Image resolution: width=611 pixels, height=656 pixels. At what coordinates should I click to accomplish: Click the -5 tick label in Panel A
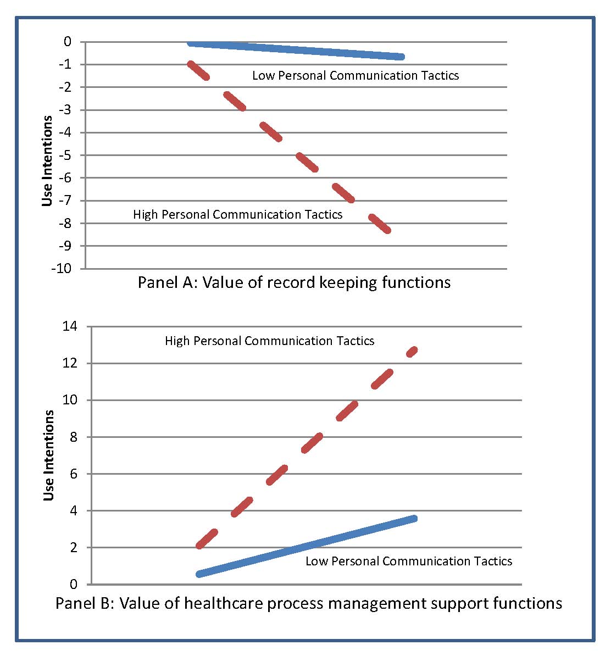(x=64, y=155)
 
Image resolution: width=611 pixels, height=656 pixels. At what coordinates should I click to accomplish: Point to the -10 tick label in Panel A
(x=61, y=269)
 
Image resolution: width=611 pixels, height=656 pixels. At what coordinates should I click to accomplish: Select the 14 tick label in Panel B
(x=71, y=326)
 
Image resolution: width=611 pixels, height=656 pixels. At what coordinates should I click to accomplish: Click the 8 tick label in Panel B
(x=75, y=437)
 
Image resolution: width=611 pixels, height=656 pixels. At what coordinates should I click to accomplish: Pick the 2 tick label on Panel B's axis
(x=75, y=547)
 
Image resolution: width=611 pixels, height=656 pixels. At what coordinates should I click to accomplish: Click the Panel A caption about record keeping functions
(x=294, y=282)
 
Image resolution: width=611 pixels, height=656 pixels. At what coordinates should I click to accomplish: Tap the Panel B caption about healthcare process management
(x=309, y=603)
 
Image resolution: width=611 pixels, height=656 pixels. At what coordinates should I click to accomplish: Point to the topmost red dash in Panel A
(x=198, y=71)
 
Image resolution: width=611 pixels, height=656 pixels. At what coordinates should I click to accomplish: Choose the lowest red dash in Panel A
(x=380, y=224)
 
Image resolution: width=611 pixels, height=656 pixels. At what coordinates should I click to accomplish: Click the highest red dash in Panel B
(x=412, y=351)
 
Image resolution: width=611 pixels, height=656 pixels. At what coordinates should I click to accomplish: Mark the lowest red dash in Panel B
(x=207, y=539)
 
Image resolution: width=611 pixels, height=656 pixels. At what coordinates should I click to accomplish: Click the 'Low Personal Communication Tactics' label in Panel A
(x=356, y=76)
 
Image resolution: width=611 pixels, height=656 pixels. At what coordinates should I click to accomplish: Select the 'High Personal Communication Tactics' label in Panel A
(x=237, y=215)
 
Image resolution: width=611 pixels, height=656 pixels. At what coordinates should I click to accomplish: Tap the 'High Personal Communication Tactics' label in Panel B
(x=269, y=341)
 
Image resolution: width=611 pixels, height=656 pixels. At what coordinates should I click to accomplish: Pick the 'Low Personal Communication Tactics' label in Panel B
(x=409, y=562)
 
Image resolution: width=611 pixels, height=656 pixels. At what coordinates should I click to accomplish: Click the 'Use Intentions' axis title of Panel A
(x=48, y=160)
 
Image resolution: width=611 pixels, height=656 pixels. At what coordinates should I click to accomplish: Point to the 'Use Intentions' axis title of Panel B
(x=49, y=455)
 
